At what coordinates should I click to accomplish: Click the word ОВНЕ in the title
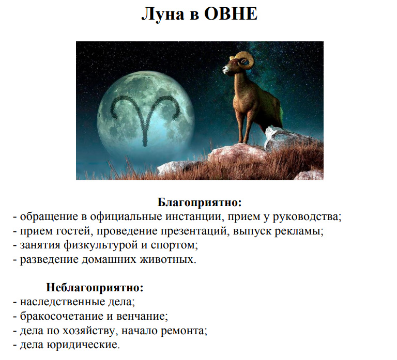(231, 13)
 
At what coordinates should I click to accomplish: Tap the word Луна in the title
(162, 14)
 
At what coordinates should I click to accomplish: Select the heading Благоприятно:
(200, 202)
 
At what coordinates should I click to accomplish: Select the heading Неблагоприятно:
(95, 288)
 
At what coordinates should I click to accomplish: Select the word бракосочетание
(62, 316)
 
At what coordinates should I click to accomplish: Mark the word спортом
(174, 245)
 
